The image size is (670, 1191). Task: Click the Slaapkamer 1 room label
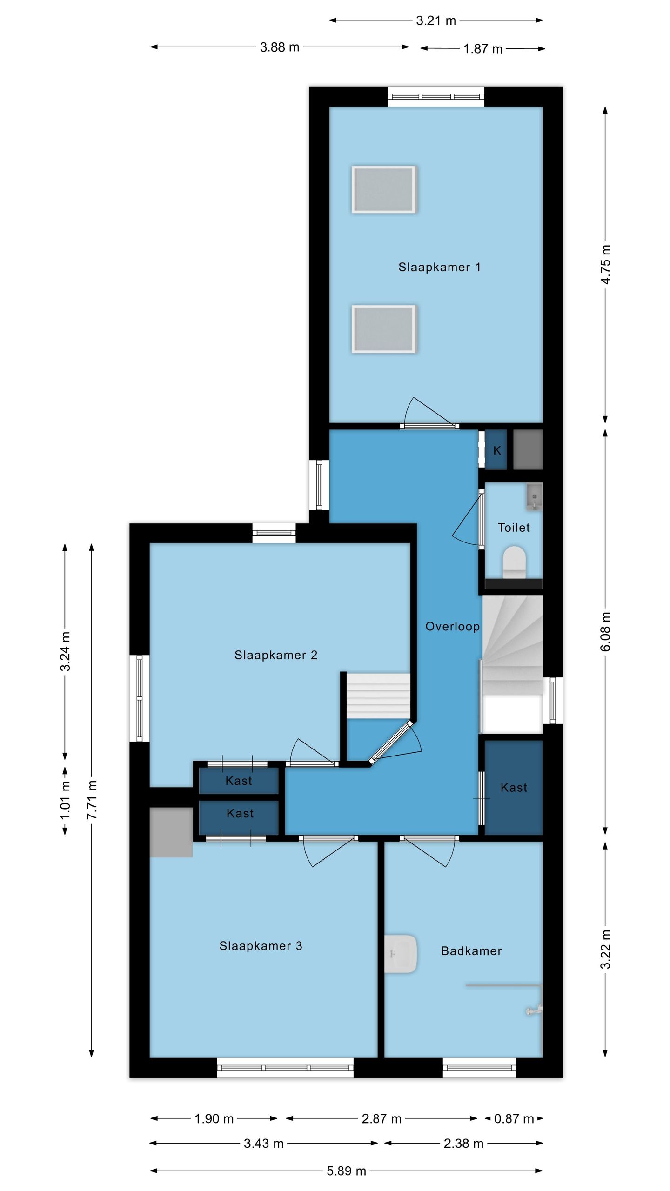(439, 267)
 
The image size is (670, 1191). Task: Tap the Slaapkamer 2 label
(276, 655)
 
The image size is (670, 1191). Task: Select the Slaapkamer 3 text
(261, 946)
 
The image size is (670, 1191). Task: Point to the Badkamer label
(471, 951)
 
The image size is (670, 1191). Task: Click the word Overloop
(453, 627)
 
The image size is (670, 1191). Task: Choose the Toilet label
(514, 528)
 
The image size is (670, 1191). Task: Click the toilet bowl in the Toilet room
(514, 562)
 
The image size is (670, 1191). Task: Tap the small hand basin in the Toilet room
(535, 497)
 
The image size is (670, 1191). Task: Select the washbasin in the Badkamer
(400, 954)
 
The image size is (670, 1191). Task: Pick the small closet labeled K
(496, 450)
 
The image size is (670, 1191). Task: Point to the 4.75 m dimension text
(605, 264)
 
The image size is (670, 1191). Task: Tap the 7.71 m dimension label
(92, 800)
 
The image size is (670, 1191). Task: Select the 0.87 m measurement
(514, 1119)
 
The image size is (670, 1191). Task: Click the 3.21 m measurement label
(436, 20)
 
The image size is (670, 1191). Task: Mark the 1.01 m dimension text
(65, 800)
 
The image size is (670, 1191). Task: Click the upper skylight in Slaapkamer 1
(384, 190)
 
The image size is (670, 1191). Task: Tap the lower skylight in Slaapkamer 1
(384, 329)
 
